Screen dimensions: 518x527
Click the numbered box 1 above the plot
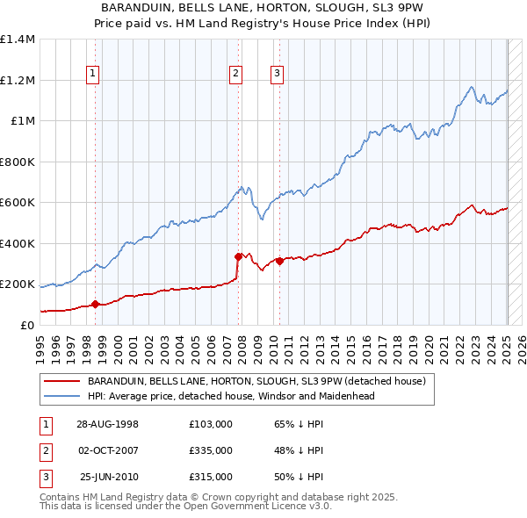pyautogui.click(x=93, y=74)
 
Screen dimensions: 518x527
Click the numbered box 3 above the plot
pyautogui.click(x=277, y=74)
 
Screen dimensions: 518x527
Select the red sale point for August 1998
pyautogui.click(x=96, y=305)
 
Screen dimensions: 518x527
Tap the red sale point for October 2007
pyautogui.click(x=238, y=257)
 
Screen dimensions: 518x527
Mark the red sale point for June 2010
pyautogui.click(x=279, y=261)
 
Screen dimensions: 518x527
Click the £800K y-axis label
pyautogui.click(x=17, y=162)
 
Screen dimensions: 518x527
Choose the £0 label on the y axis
pyautogui.click(x=25, y=326)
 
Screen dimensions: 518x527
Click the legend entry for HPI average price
pyautogui.click(x=231, y=396)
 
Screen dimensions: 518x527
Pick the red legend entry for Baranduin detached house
pyautogui.click(x=256, y=381)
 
